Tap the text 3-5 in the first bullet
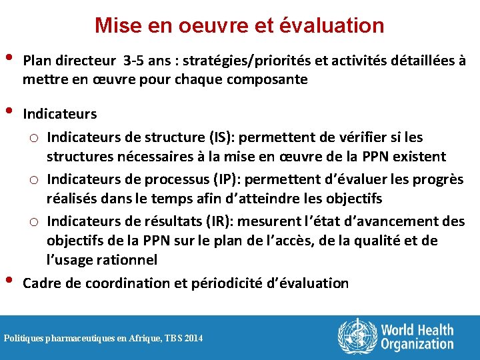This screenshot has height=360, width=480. [x=137, y=61]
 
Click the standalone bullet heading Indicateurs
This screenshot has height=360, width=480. [x=60, y=114]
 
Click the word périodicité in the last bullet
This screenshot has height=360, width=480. [x=228, y=283]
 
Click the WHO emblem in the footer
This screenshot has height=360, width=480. [x=357, y=337]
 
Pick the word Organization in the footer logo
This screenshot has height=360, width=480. [x=417, y=344]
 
